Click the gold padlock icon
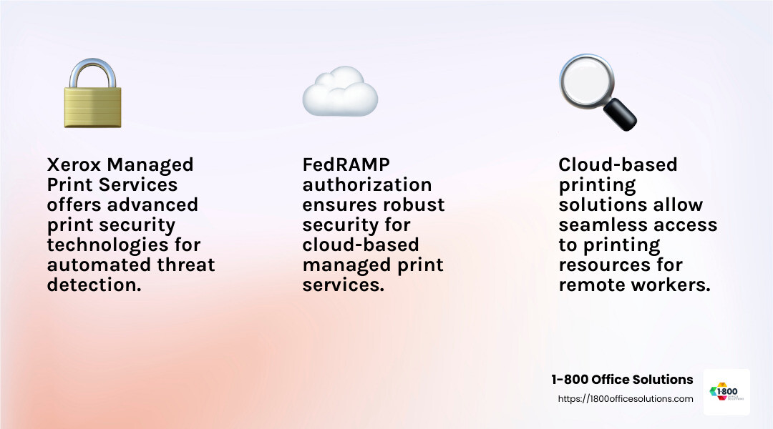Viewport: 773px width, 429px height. [x=92, y=105]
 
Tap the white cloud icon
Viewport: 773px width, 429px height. [x=339, y=92]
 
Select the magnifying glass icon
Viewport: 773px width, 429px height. [x=596, y=91]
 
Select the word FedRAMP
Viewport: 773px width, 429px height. [x=346, y=164]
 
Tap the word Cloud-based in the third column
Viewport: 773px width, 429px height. [x=617, y=164]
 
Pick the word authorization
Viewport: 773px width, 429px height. [x=367, y=184]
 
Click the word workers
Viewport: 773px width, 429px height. [x=670, y=285]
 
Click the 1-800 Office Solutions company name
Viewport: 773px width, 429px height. [x=622, y=380]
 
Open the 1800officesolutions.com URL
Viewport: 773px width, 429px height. [x=626, y=399]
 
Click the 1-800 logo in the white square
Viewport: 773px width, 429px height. [x=726, y=392]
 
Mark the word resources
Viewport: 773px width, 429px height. [x=599, y=265]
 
